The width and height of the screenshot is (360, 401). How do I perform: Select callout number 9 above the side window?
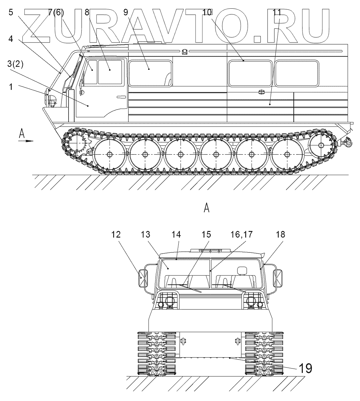[x=125, y=13]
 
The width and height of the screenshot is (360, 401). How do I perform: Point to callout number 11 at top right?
[x=276, y=13]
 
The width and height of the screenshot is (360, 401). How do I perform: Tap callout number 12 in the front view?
[x=116, y=235]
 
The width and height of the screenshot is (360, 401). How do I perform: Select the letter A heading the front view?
[x=206, y=209]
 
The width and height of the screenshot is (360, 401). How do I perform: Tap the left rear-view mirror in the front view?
[x=142, y=278]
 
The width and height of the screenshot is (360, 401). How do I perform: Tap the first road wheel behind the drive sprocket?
[x=109, y=154]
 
